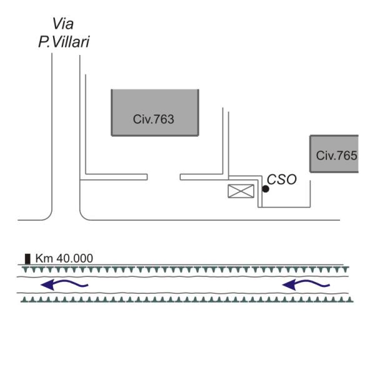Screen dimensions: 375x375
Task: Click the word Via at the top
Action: click(63, 24)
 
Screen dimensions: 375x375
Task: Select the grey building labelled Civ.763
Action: click(154, 112)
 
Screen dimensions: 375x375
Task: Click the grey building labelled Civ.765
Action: click(334, 154)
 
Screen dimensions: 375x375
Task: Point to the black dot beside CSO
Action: click(266, 189)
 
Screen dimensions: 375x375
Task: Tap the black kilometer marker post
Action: click(27, 258)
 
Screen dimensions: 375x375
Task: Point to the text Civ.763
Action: click(153, 119)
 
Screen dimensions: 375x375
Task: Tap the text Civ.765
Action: click(336, 155)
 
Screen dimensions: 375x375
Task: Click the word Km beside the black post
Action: click(43, 257)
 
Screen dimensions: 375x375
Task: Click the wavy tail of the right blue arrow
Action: click(319, 285)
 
